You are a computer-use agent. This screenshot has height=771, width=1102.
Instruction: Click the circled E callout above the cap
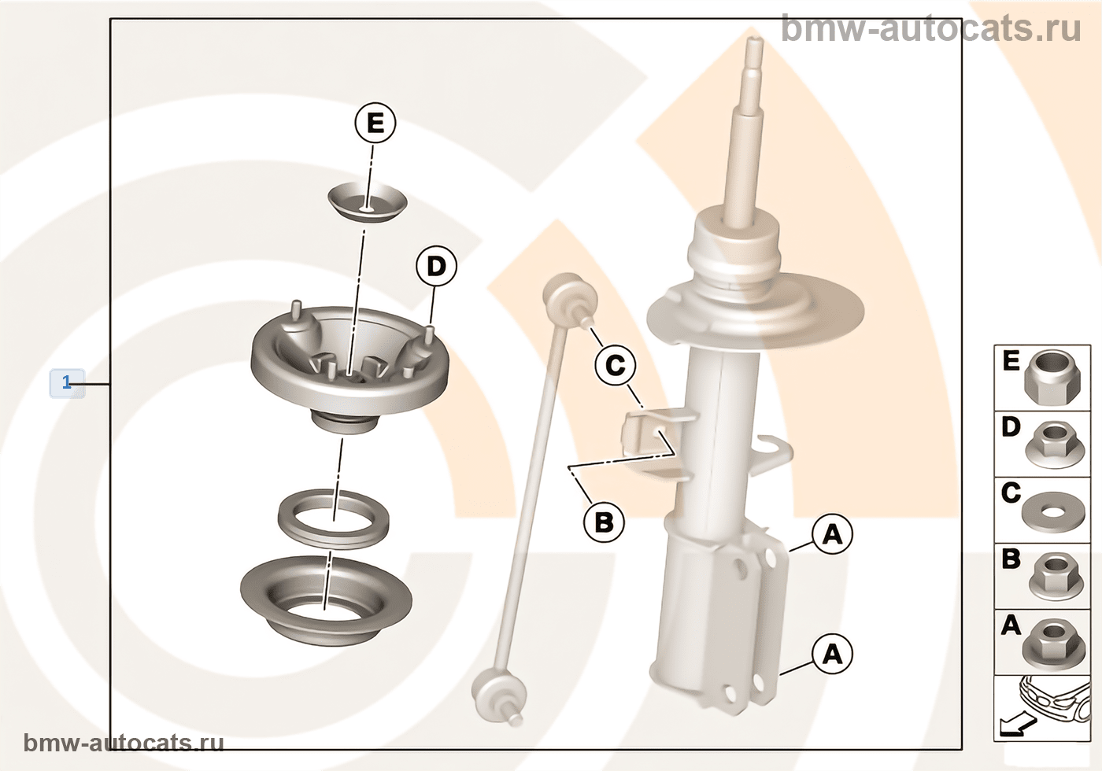375,123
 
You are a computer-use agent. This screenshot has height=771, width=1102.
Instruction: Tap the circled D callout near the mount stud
436,267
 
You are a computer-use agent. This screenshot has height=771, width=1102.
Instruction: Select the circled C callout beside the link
615,365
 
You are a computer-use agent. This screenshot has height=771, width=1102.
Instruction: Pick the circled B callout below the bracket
605,522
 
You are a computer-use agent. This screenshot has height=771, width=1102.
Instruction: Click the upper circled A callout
833,533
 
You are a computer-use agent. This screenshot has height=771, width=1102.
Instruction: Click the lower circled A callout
833,655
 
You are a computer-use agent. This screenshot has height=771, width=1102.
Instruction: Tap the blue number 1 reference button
67,383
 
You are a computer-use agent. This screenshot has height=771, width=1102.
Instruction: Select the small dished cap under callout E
368,201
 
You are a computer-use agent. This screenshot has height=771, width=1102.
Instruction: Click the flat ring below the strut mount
333,518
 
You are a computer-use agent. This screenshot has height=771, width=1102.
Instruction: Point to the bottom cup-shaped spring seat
326,601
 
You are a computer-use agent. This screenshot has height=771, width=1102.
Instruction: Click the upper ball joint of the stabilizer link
570,297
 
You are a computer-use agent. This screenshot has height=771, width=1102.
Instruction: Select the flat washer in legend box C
1052,511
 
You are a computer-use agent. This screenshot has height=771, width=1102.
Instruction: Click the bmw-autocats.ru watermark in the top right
930,28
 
